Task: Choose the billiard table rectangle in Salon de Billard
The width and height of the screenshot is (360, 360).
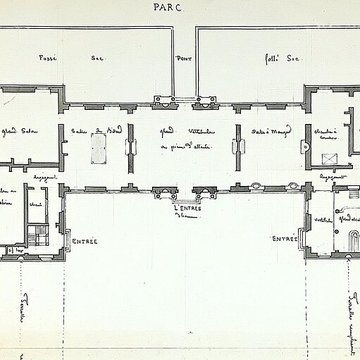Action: point(99,147)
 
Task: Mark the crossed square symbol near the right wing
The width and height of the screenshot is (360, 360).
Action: point(331,158)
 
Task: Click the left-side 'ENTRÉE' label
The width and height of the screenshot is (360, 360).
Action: point(83,240)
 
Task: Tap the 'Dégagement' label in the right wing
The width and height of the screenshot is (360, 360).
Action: point(326,174)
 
